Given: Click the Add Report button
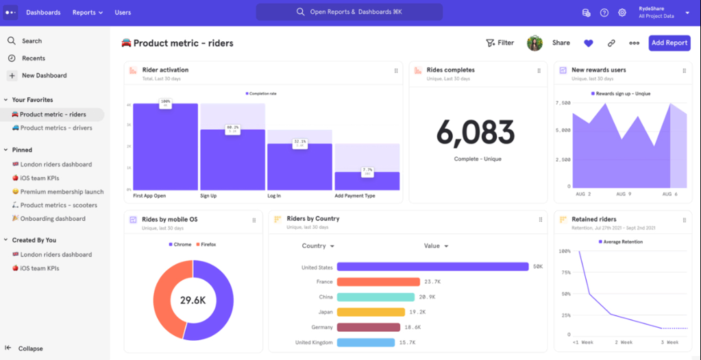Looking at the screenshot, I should [x=669, y=43].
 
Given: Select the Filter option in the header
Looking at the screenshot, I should [x=500, y=43].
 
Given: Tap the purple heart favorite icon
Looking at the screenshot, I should [x=588, y=43].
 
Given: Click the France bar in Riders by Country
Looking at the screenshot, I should [x=378, y=282].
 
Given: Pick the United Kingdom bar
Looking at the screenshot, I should [x=365, y=342].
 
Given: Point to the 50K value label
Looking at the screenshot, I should [x=538, y=267].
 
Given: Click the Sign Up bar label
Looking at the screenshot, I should [x=209, y=195].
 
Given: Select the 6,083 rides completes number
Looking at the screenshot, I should [x=476, y=132].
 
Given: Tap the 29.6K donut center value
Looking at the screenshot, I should [x=193, y=300].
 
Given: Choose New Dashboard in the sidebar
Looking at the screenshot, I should [x=44, y=75].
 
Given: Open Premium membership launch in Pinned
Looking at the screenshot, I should [x=62, y=192].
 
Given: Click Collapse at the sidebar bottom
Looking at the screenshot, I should [x=30, y=348].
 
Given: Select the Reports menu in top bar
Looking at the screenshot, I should [x=88, y=12].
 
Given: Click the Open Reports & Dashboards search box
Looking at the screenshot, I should [x=349, y=12].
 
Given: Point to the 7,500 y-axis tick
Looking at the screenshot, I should [x=563, y=103].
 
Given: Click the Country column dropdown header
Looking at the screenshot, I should [x=318, y=245].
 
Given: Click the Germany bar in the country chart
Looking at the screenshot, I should [x=369, y=327].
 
